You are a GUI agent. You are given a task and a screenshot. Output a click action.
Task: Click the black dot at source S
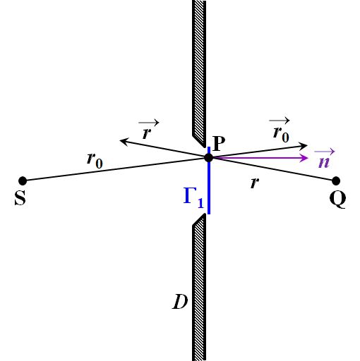pos(23,181)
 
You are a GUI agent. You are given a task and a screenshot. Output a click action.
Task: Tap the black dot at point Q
pos(336,181)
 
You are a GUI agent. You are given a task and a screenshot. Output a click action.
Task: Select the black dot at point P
pos(208,158)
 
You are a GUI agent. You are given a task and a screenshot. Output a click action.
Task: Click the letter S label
pos(20,198)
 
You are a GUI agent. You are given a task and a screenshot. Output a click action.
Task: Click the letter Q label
pos(337,199)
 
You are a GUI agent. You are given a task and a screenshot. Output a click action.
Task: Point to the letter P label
pos(219,143)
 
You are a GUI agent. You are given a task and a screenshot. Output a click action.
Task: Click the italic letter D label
pos(180,302)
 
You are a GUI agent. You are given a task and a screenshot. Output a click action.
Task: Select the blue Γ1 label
pos(193,198)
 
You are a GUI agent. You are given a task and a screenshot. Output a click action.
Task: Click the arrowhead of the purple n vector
pos(305,158)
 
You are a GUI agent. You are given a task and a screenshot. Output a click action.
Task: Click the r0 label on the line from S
pos(95,161)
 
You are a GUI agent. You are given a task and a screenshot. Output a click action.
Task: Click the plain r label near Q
pos(254,183)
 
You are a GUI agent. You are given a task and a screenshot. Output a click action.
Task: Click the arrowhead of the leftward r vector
pos(124,142)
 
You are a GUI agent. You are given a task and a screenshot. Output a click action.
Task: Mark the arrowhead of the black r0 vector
pos(304,146)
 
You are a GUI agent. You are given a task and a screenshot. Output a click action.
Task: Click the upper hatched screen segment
pos(199,73)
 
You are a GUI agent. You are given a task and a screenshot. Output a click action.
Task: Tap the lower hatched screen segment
pos(199,287)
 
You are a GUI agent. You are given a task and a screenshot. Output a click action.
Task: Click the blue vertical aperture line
pos(209,180)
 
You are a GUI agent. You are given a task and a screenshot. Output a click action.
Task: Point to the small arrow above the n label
pos(325,152)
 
